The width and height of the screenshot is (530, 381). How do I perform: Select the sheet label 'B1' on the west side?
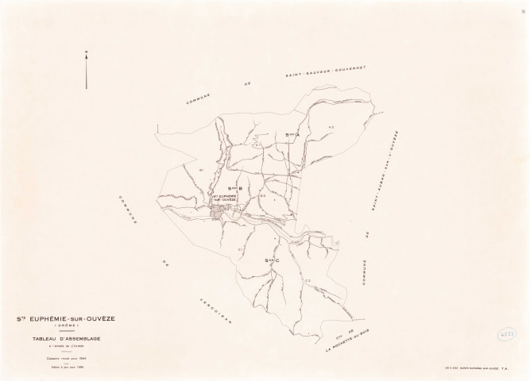pyautogui.click(x=203, y=170)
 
